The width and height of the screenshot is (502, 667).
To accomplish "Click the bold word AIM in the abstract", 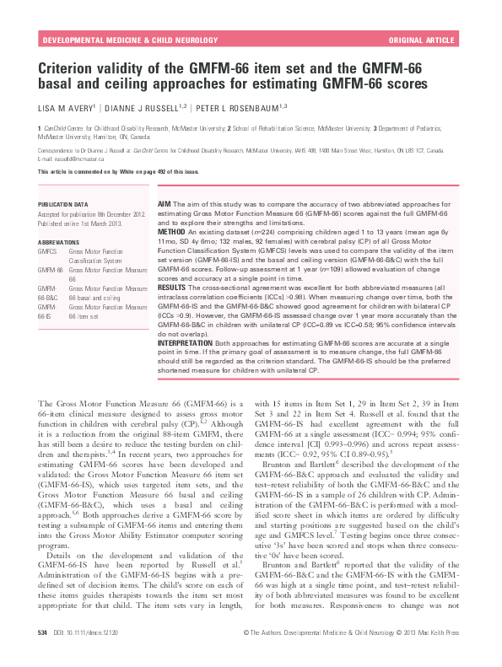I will (165, 205).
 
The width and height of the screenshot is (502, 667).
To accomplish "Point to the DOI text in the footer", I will (89, 654).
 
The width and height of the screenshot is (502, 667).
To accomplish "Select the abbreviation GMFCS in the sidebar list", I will (46, 250).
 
